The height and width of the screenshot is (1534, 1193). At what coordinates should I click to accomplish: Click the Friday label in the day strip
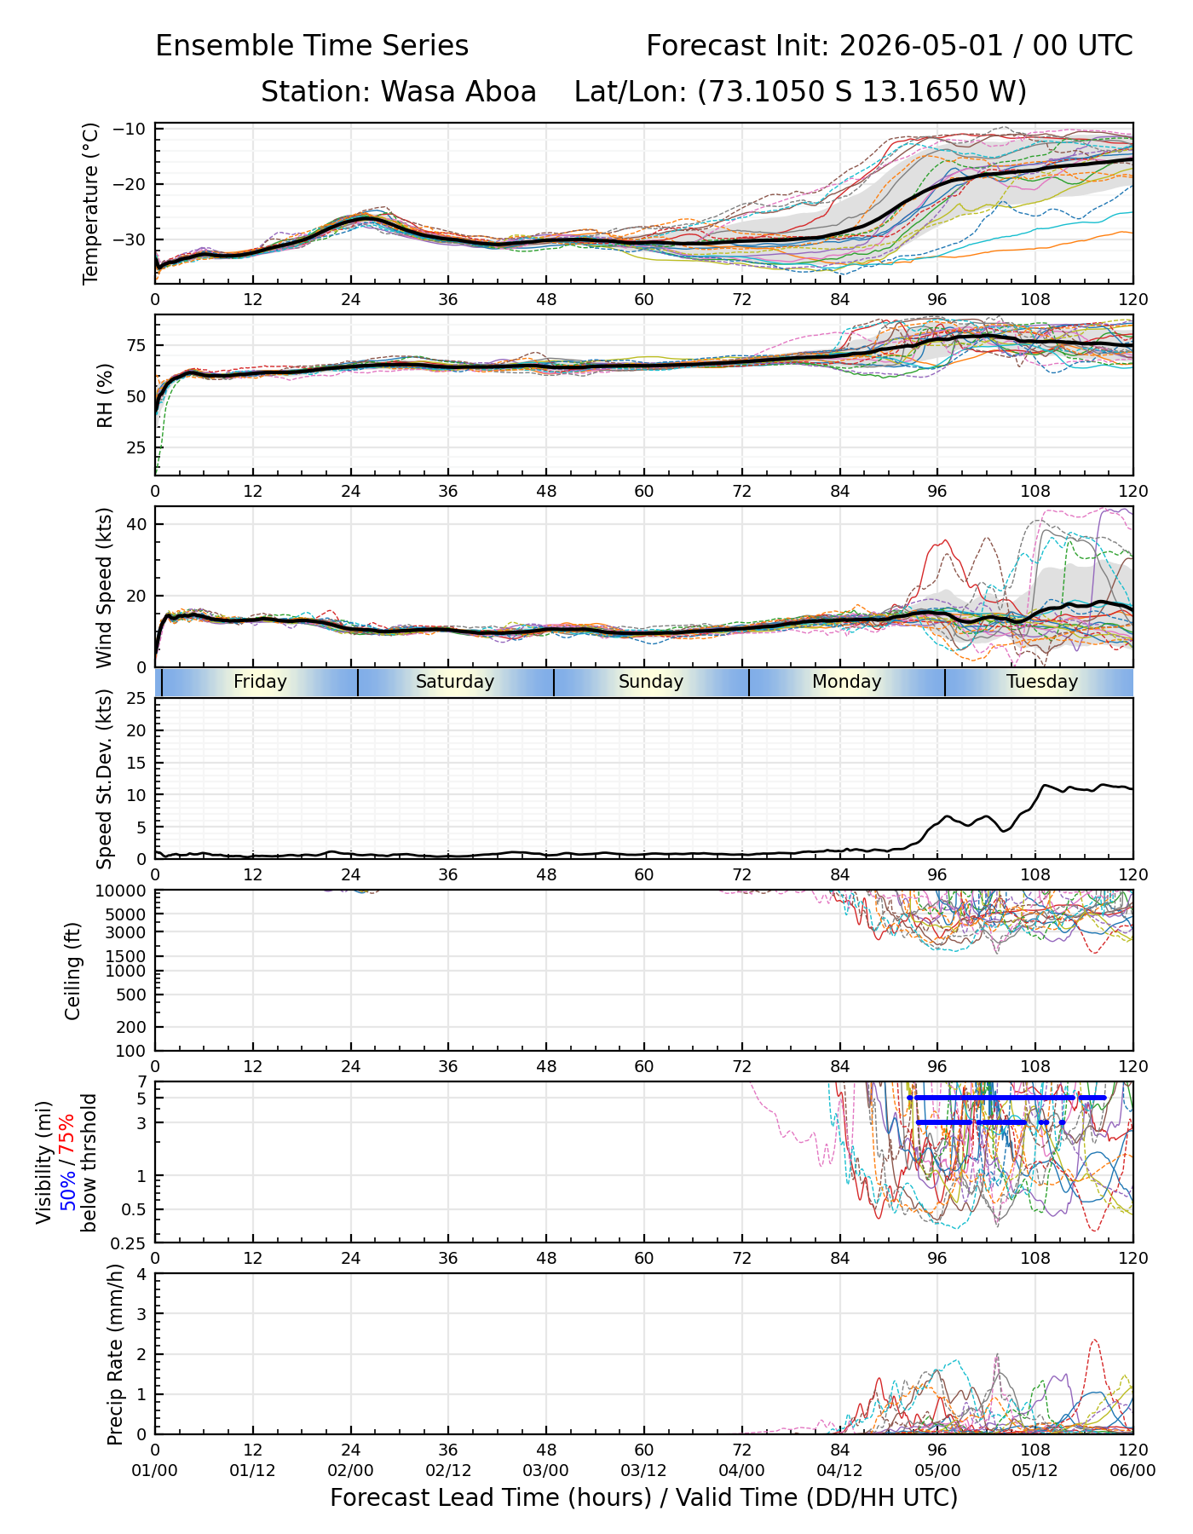click(x=260, y=682)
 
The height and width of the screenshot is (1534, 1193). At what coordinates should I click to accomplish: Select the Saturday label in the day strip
click(x=455, y=682)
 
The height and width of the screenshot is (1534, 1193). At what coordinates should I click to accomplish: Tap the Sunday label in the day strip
click(x=651, y=682)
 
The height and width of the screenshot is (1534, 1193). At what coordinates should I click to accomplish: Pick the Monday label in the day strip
click(x=846, y=682)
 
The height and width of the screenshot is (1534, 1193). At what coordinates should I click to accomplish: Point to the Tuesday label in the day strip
click(x=1042, y=682)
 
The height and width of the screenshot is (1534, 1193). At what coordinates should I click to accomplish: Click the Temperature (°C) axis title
click(x=91, y=203)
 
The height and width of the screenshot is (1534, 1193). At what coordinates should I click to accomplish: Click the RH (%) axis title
click(x=105, y=395)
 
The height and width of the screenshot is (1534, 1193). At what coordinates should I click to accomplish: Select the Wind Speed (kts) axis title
click(x=105, y=587)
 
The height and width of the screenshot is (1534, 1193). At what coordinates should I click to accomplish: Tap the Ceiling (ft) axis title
click(x=73, y=971)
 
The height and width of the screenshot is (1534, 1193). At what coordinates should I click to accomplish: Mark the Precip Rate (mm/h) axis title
click(x=115, y=1354)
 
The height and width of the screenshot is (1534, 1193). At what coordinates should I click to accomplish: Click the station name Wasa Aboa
click(x=458, y=92)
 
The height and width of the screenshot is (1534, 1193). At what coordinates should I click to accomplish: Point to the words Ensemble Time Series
click(x=312, y=46)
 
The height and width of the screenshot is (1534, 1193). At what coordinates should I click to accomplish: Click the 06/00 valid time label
click(x=1132, y=1471)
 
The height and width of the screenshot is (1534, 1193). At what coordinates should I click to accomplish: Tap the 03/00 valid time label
click(x=545, y=1471)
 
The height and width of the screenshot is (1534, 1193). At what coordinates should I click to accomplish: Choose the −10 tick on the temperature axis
click(x=135, y=130)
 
